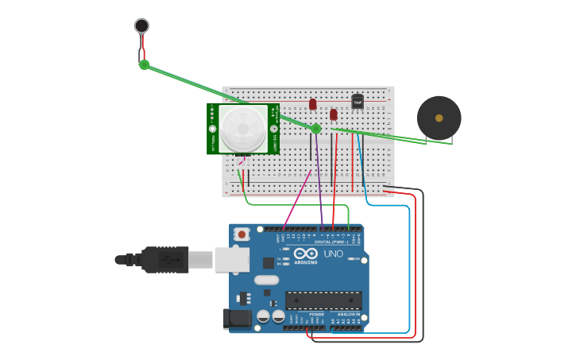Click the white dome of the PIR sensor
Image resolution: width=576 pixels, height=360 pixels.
[242, 128]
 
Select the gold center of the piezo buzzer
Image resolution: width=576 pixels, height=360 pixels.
[439, 118]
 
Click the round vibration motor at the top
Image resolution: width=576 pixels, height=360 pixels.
[141, 25]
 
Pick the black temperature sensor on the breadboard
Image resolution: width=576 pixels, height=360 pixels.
[358, 101]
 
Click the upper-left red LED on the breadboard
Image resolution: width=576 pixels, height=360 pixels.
[313, 104]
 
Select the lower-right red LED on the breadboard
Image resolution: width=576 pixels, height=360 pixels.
[334, 114]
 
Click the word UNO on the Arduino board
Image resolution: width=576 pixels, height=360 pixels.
[334, 254]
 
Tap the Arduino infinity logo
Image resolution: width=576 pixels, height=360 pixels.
[306, 254]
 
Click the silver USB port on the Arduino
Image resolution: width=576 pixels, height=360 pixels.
[232, 259]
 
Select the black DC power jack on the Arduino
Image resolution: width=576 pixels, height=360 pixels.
[236, 319]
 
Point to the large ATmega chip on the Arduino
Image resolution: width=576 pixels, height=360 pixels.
[323, 300]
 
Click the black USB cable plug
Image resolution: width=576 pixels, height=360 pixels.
[164, 259]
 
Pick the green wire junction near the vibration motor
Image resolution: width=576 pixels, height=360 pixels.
[144, 64]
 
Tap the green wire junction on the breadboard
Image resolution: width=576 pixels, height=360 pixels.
[315, 129]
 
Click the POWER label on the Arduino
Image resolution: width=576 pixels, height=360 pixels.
[316, 314]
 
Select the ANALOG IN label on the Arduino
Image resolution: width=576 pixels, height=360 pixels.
[347, 314]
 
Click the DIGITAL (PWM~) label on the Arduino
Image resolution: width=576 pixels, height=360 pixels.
[333, 242]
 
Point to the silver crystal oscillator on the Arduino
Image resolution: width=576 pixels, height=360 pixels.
[267, 280]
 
